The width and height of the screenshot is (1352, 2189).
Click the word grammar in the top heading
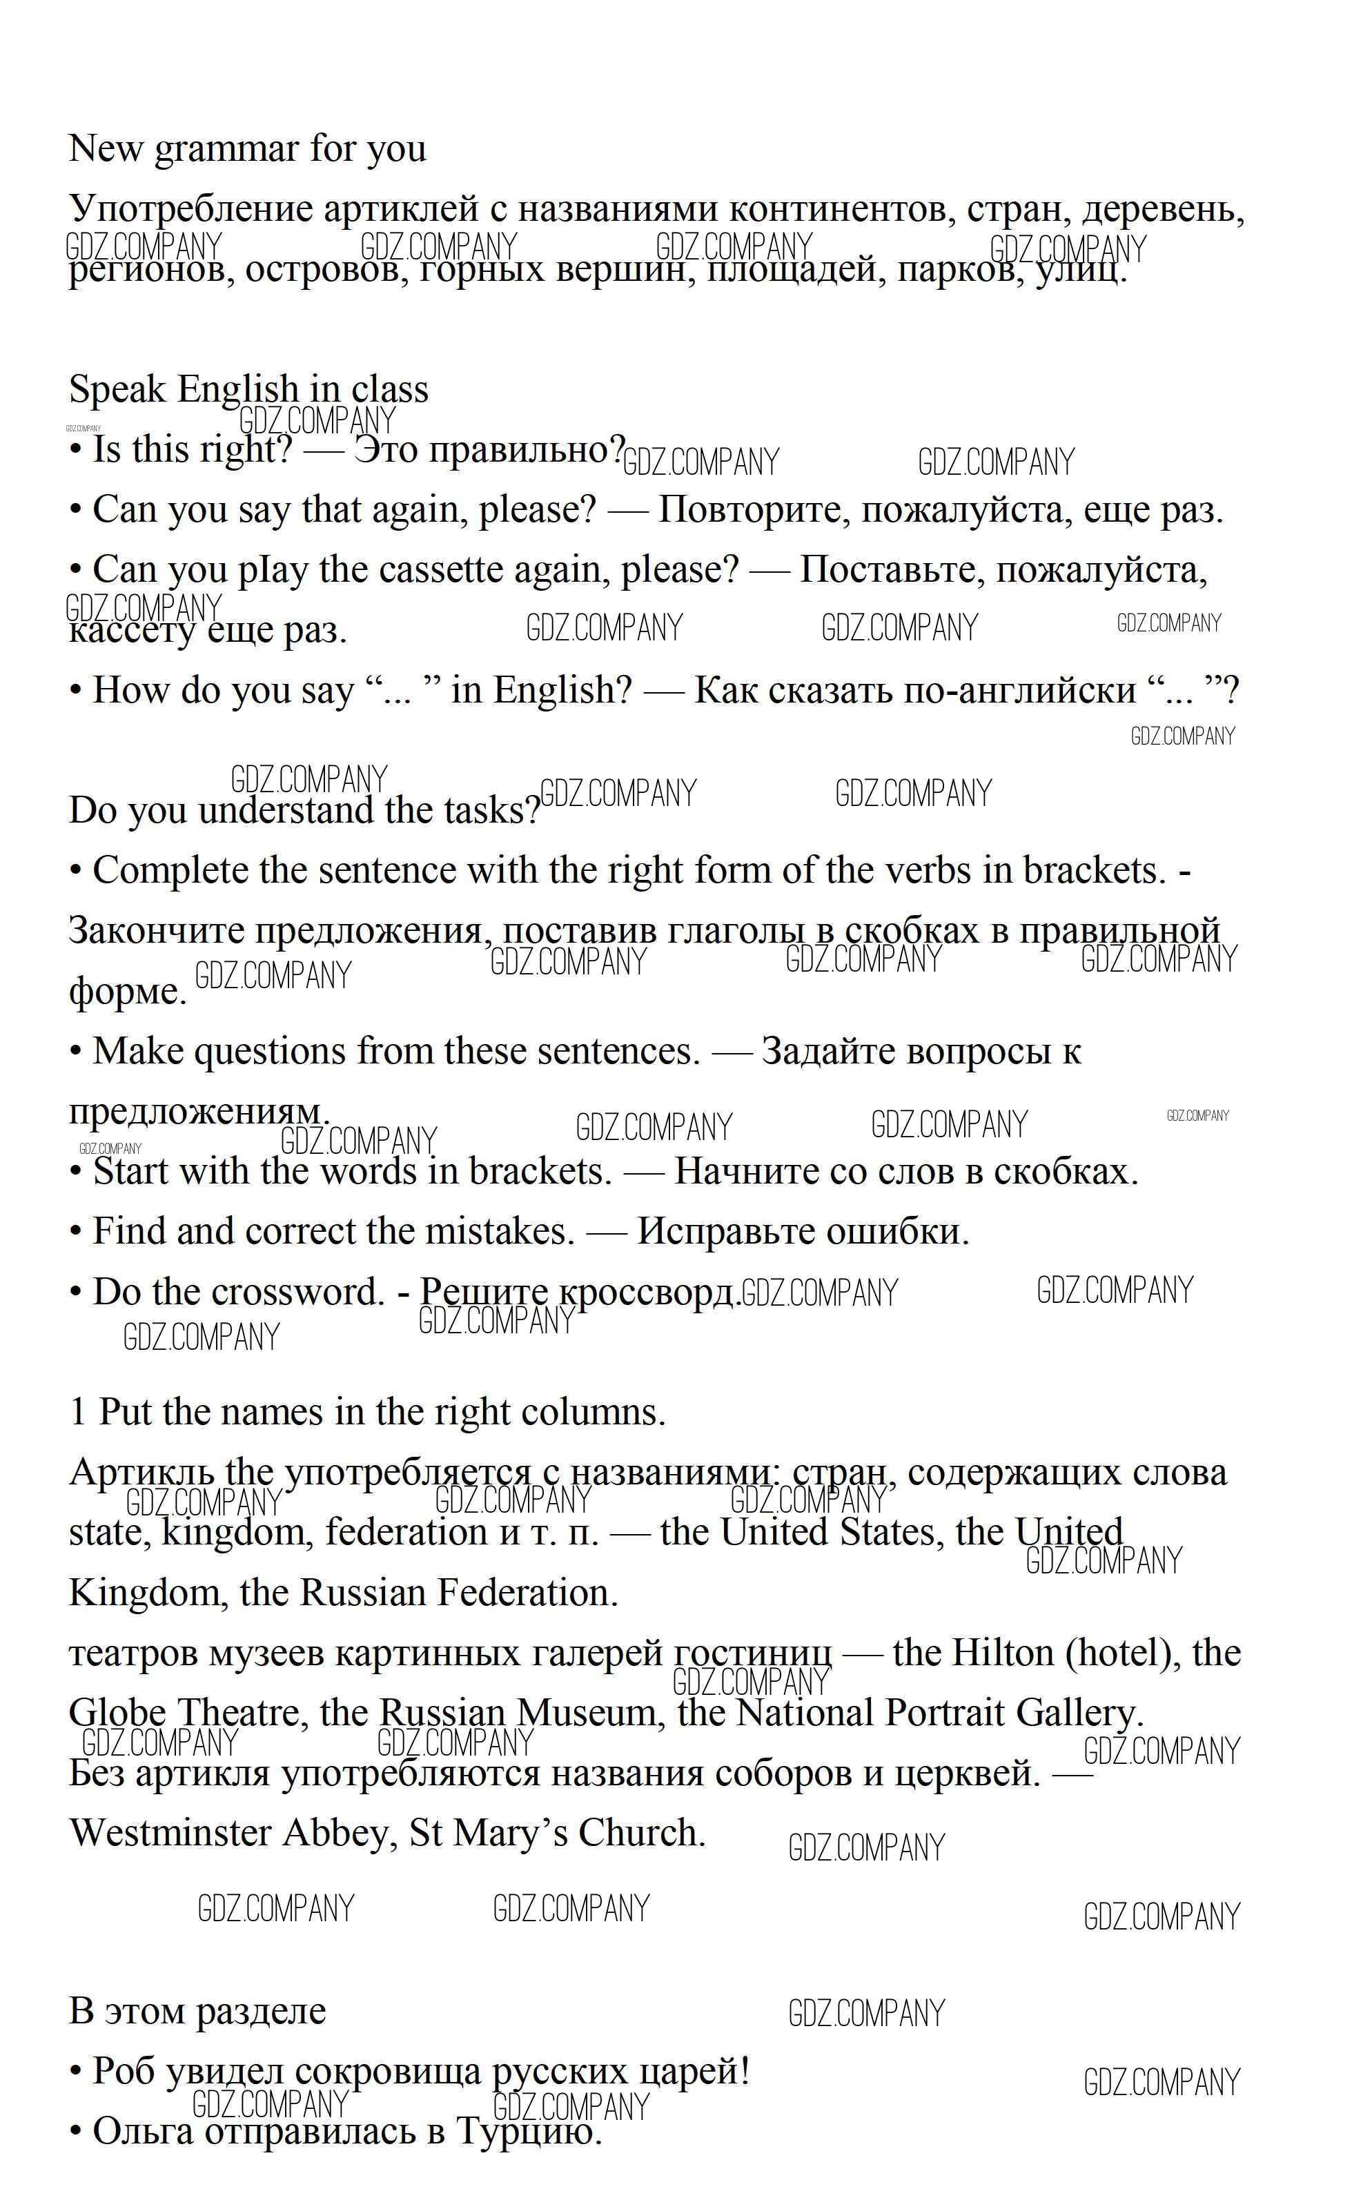tap(227, 149)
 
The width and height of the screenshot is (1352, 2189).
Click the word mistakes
tap(499, 1232)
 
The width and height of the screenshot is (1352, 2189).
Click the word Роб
tap(124, 2071)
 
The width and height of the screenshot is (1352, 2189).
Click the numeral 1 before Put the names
tap(78, 1412)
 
